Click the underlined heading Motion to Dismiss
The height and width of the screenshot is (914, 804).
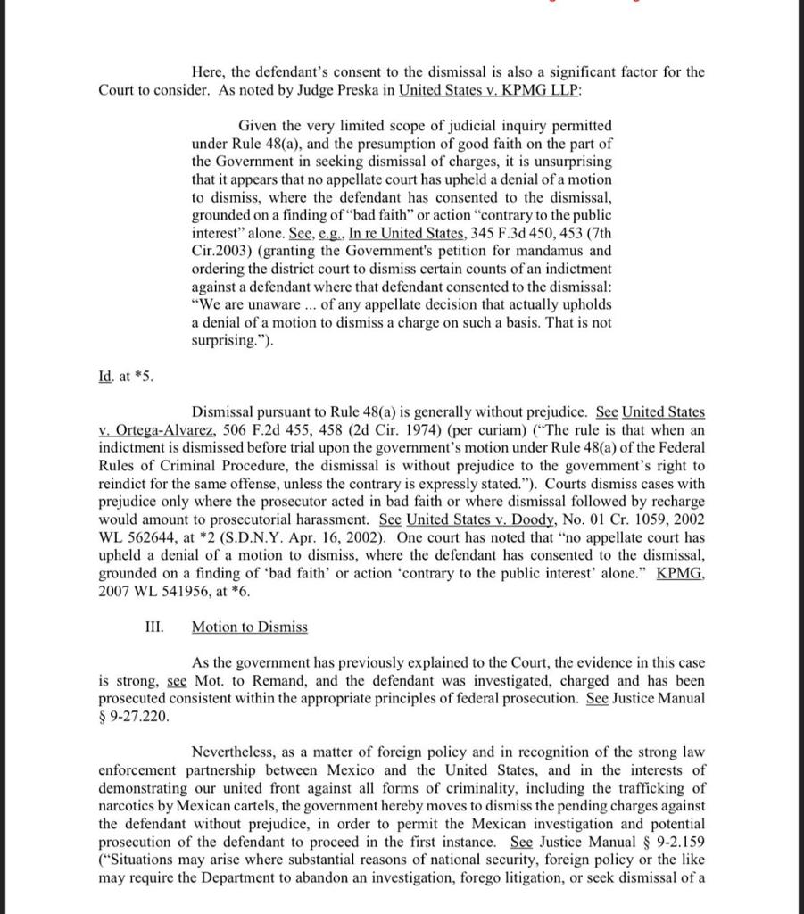(x=250, y=627)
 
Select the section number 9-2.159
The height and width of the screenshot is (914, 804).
(x=675, y=842)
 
